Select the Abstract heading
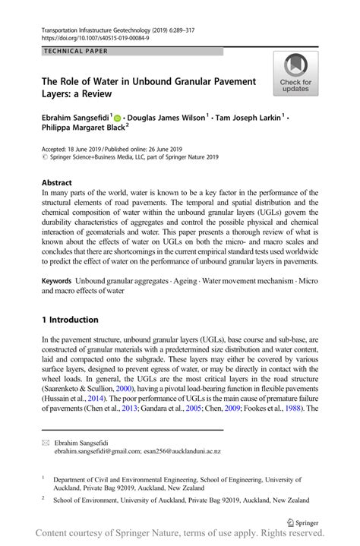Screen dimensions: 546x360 coord(57,183)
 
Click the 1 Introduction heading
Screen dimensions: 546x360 coord(70,320)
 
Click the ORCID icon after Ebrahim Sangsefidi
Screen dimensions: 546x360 coord(118,118)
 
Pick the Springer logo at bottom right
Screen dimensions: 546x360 coord(302,522)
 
